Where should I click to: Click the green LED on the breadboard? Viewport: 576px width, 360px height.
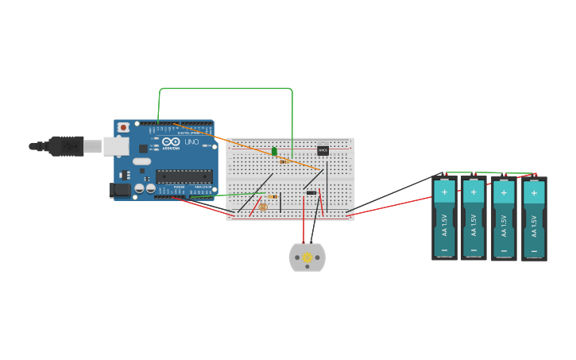274,151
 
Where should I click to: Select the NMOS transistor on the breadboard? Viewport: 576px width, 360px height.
323,149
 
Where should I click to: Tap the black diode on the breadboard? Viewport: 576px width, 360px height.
311,192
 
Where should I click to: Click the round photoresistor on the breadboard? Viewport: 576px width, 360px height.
263,207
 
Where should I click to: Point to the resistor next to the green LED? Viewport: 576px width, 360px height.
284,161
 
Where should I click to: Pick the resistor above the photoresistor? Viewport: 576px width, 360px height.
273,196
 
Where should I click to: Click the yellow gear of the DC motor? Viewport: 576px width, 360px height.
307,257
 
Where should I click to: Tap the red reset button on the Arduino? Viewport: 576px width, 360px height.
123,127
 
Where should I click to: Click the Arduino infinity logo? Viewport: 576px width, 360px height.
170,141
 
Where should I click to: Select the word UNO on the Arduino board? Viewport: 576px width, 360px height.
191,142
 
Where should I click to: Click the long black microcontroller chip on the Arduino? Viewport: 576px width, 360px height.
184,176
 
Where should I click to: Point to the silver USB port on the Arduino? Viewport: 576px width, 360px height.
116,146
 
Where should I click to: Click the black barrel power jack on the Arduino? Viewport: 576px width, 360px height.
119,190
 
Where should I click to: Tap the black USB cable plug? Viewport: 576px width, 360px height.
66,146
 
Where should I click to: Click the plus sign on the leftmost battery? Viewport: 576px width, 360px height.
444,192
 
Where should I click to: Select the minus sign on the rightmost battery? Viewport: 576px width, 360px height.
534,251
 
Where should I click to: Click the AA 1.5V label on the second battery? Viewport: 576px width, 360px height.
474,224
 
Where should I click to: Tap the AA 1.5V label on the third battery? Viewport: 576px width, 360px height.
504,226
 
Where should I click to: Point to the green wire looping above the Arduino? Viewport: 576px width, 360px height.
226,88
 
